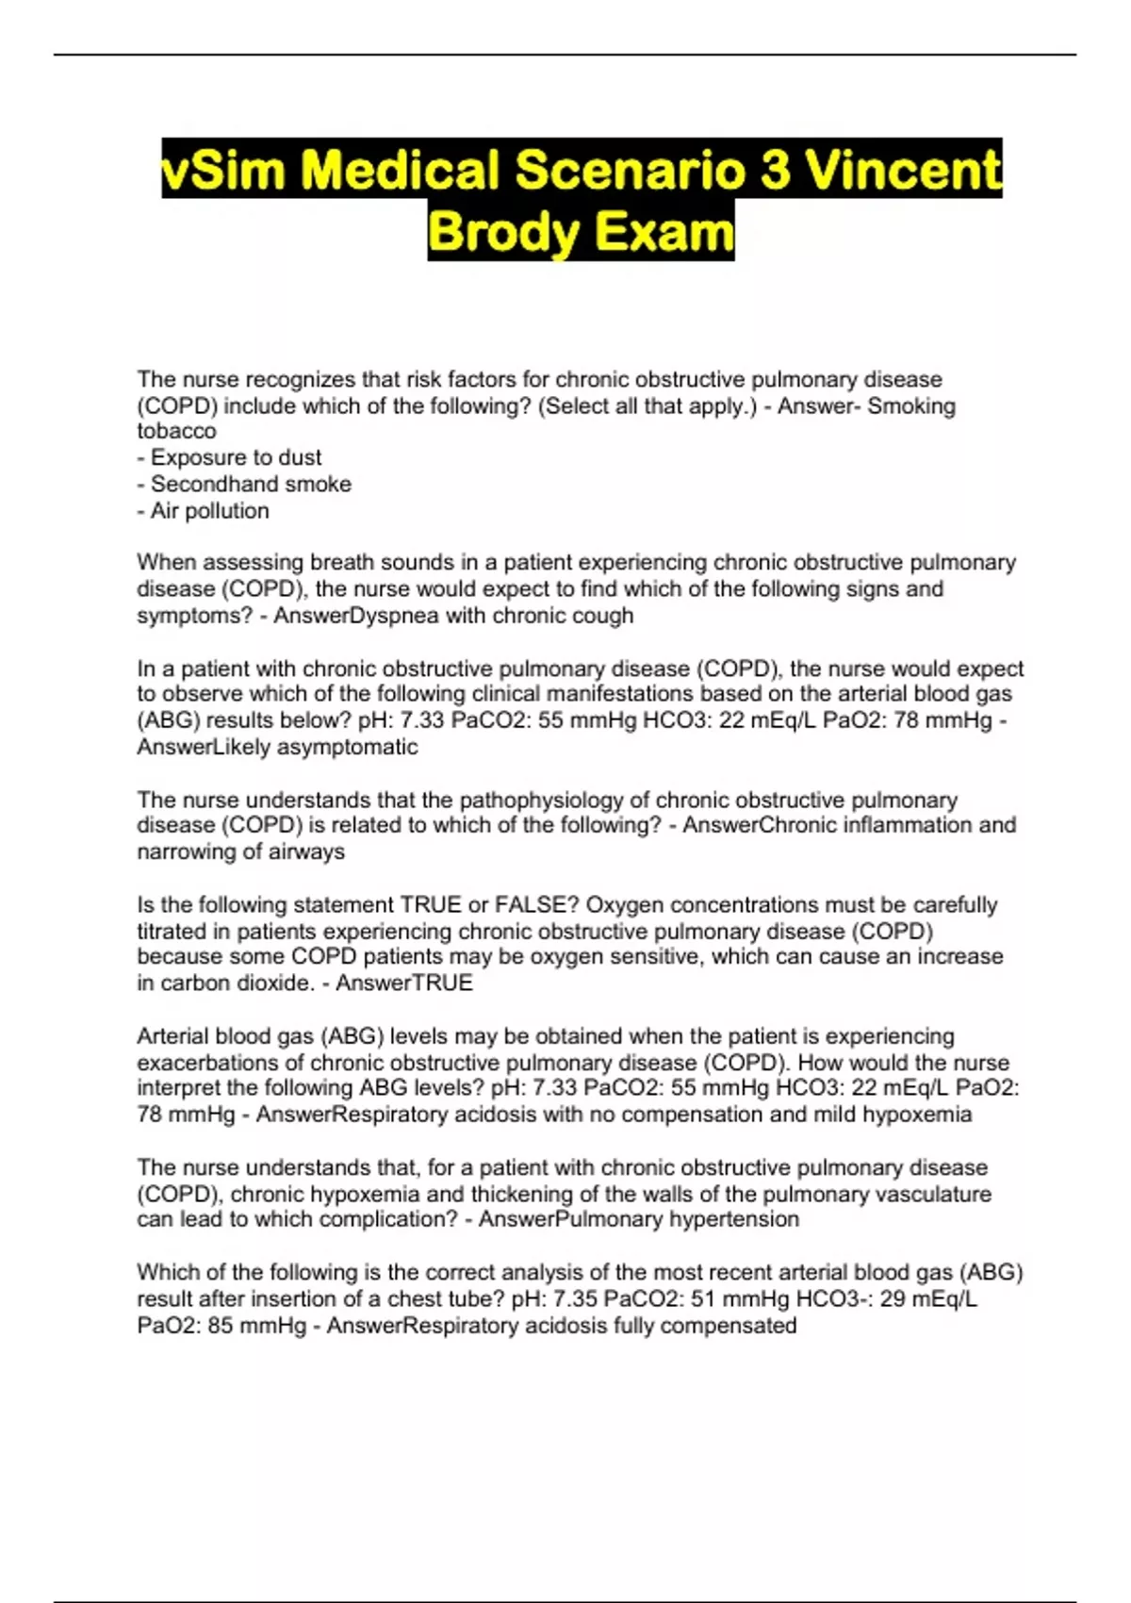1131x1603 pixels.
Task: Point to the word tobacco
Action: click(x=176, y=431)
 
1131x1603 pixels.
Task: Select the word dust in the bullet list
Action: click(x=300, y=457)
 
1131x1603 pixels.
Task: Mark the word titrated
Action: click(x=172, y=932)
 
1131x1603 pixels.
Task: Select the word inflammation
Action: click(x=898, y=825)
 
